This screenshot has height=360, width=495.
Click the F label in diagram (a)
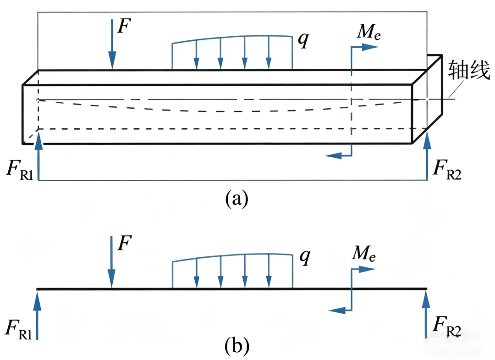click(x=124, y=26)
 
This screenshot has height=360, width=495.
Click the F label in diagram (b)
click(x=124, y=243)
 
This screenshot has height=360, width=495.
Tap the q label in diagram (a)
click(x=304, y=40)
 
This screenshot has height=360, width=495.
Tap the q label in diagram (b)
click(x=305, y=257)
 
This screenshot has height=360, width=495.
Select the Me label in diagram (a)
click(x=368, y=32)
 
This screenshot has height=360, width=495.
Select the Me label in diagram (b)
click(x=363, y=254)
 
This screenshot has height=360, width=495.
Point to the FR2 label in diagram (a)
click(x=447, y=170)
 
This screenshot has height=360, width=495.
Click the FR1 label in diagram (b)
click(x=19, y=330)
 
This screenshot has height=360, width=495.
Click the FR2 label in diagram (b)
click(x=447, y=327)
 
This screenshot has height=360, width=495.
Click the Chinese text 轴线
click(x=469, y=70)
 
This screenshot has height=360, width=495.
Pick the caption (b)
click(x=237, y=345)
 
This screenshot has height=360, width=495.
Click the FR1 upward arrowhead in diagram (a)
click(x=38, y=138)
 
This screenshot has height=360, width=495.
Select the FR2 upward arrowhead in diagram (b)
click(x=426, y=299)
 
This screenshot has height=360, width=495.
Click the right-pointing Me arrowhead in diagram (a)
click(x=370, y=47)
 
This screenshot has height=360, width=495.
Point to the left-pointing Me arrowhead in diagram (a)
click(x=334, y=155)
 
